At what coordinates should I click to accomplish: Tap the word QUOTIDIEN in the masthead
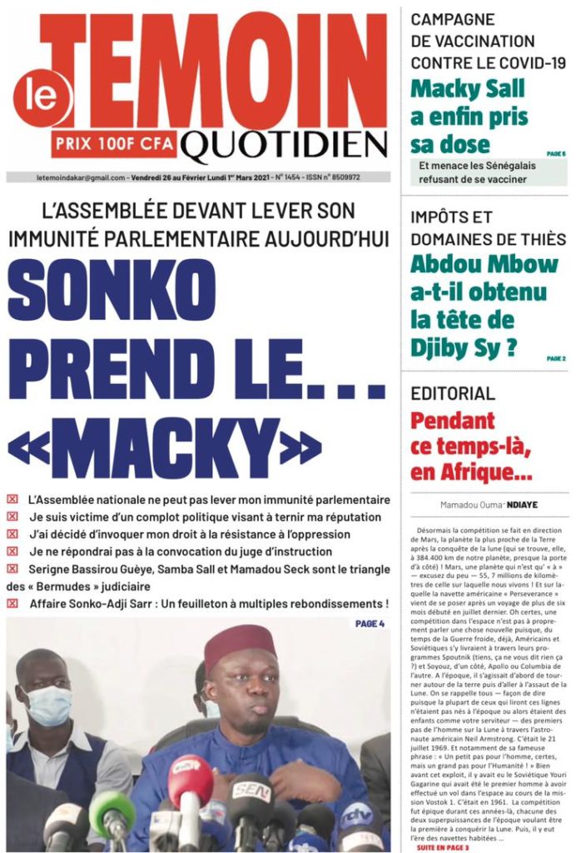[x=285, y=147]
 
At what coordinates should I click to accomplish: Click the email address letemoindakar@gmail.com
[x=81, y=177]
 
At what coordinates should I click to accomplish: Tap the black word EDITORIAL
[x=453, y=393]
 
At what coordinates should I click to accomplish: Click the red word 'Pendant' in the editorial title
[x=452, y=421]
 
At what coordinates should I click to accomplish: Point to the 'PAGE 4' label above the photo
[x=370, y=624]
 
